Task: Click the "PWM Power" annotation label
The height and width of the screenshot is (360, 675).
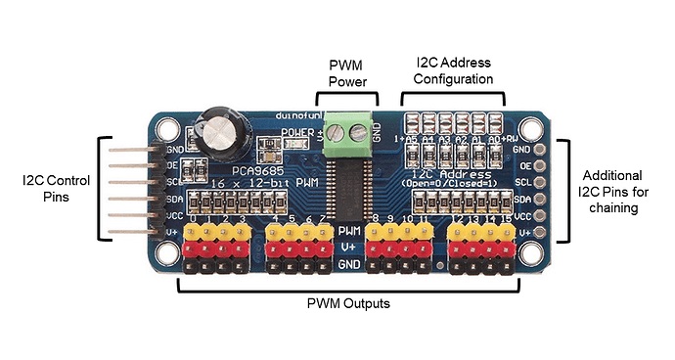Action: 346,71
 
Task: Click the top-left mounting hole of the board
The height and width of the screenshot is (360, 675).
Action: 167,128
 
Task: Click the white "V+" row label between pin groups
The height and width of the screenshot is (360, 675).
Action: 348,247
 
